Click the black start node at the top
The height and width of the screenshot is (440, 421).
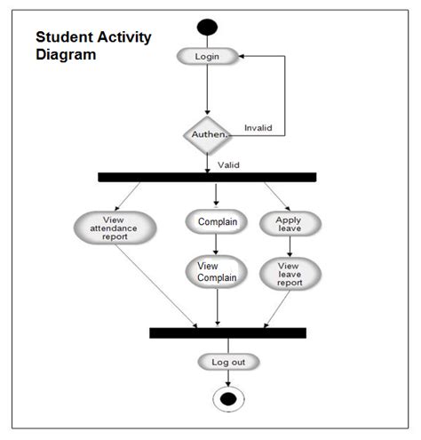pyautogui.click(x=207, y=26)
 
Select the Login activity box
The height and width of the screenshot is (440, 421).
pyautogui.click(x=207, y=56)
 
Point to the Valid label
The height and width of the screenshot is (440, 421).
pyautogui.click(x=228, y=164)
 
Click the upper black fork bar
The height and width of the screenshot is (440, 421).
pyautogui.click(x=207, y=177)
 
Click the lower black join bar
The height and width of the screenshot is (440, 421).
pyautogui.click(x=227, y=332)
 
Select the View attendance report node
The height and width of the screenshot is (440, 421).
pyautogui.click(x=115, y=228)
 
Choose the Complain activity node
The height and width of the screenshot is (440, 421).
pyautogui.click(x=216, y=222)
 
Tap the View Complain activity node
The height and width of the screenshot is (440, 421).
pyautogui.click(x=217, y=271)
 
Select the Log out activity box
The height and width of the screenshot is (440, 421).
pyautogui.click(x=228, y=362)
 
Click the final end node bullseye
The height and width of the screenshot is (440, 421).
pyautogui.click(x=228, y=399)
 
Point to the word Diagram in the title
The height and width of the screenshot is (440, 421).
pyautogui.click(x=65, y=55)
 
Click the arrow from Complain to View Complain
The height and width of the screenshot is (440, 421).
pyautogui.click(x=216, y=244)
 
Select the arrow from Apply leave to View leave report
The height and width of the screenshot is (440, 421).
pyautogui.click(x=289, y=247)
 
